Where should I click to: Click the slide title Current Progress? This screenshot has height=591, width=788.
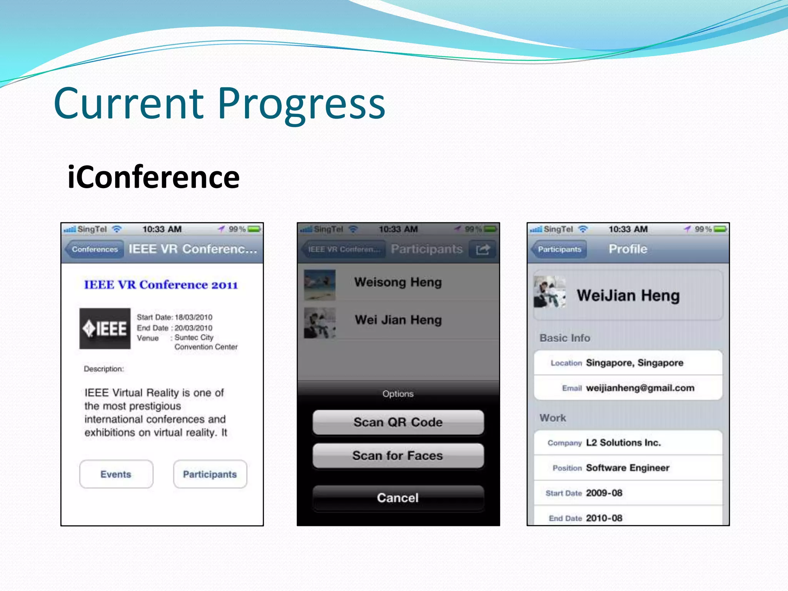(x=219, y=103)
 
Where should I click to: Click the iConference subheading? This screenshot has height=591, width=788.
(x=153, y=177)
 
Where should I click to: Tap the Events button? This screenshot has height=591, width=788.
(x=116, y=474)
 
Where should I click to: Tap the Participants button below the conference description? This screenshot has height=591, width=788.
(x=210, y=474)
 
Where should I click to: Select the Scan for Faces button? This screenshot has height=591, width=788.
(x=398, y=456)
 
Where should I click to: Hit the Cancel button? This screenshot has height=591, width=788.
(x=398, y=498)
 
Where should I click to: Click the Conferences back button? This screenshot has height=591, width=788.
(x=94, y=249)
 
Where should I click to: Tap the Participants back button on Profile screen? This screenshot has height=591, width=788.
(x=559, y=249)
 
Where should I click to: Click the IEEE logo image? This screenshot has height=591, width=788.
(x=105, y=329)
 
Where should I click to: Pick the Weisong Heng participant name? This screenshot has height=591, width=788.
(x=398, y=282)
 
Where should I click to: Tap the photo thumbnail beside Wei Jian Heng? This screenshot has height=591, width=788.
(x=319, y=322)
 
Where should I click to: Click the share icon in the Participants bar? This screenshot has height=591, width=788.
(x=482, y=249)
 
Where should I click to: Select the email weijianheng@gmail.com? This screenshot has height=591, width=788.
(x=640, y=388)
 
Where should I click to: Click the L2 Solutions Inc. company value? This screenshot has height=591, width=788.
(x=623, y=442)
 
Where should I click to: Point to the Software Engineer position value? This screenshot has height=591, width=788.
(x=628, y=468)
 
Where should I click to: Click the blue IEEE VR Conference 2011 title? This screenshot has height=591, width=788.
(x=161, y=285)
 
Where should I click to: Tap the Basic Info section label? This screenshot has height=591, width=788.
(x=564, y=338)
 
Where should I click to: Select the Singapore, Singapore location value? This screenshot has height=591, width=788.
(x=634, y=363)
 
